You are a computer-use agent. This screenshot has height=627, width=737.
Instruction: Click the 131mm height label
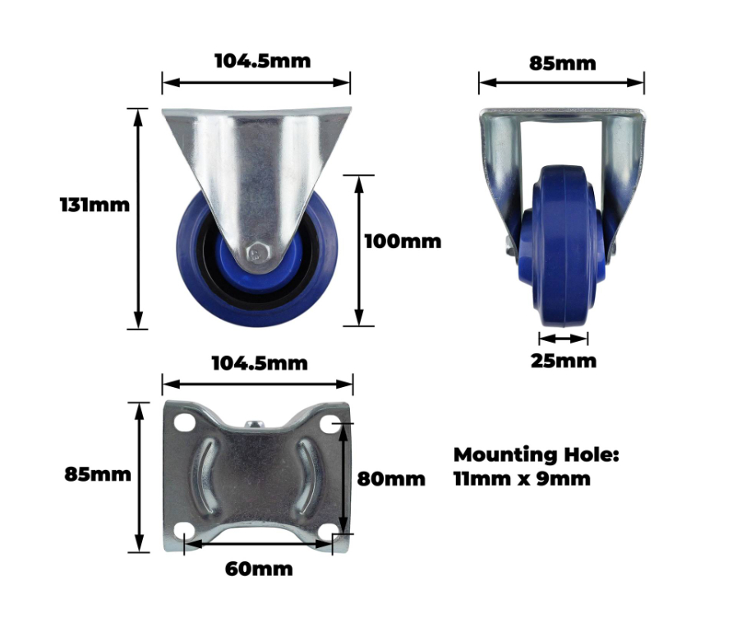coord(94,205)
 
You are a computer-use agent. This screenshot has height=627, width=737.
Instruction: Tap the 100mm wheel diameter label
coord(403,242)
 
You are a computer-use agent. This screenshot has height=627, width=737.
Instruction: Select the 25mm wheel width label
coord(563,361)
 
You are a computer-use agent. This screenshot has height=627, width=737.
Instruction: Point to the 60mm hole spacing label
coord(259,569)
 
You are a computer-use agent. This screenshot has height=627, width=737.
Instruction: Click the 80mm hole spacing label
coord(391,479)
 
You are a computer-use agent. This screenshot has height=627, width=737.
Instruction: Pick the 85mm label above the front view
coord(563,63)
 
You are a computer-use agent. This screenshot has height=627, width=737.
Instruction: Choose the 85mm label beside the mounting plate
coord(97,474)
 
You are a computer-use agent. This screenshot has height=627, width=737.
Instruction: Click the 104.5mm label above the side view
coord(262,61)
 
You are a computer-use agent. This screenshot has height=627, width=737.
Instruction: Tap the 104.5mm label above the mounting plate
coord(260,363)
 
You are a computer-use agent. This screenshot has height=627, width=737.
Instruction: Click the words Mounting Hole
coord(537,455)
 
